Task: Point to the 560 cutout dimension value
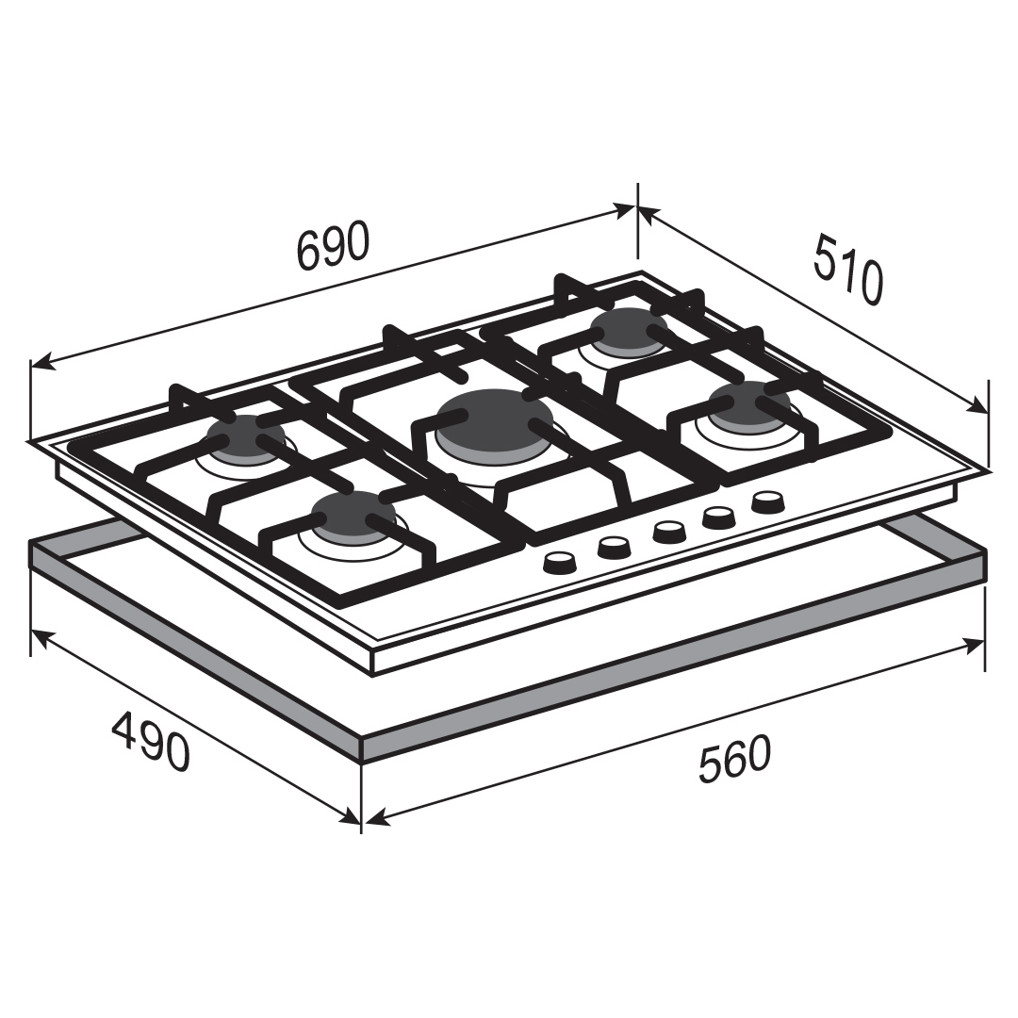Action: coord(734,758)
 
